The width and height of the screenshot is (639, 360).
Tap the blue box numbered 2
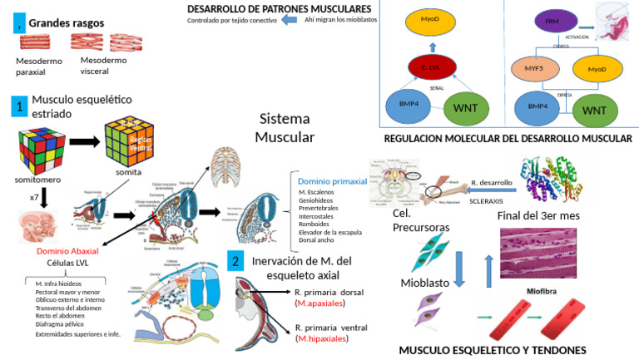(235, 260)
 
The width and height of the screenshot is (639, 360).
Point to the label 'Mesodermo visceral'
(104, 66)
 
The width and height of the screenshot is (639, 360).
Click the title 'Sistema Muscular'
(285, 128)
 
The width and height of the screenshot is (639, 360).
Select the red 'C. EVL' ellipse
(429, 67)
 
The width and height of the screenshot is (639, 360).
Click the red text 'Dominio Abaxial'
(68, 250)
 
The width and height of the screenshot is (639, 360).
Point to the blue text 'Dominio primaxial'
(332, 180)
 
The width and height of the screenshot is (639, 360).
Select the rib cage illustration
(229, 166)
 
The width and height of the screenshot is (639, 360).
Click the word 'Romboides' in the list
(315, 224)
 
